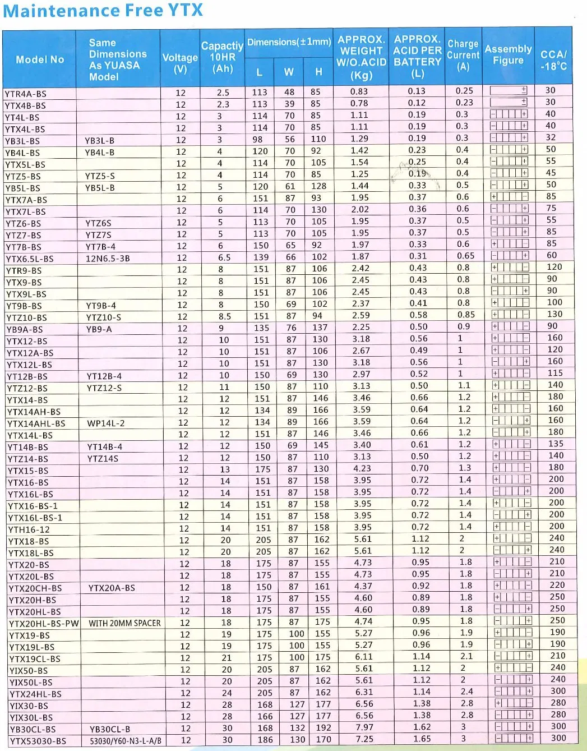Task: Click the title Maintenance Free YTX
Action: coord(103,11)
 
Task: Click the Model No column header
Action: coord(40,59)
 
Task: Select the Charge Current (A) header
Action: coord(463,56)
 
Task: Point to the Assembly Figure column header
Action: coord(508,54)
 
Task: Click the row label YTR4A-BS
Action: coord(26,94)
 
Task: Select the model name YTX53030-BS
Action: coord(38,741)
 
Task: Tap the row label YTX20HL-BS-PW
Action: coord(44,623)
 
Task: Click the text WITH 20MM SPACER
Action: coord(124,623)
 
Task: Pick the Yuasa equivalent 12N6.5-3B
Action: coord(108,259)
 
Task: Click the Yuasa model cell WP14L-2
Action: coord(106,423)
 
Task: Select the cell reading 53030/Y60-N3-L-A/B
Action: coord(126,741)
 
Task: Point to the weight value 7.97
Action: coord(364,727)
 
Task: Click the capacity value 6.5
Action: coord(224,258)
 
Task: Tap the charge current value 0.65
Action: coord(465,256)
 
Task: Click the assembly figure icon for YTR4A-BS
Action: coord(509,90)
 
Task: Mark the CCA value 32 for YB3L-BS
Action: coord(551,137)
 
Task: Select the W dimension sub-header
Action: coord(289,72)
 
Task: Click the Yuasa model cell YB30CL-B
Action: coord(110,729)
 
